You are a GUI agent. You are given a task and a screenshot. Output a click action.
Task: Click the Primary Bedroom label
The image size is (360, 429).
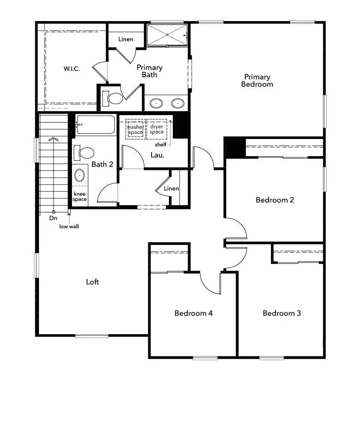257,81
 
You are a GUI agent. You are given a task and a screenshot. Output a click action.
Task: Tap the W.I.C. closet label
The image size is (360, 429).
72,69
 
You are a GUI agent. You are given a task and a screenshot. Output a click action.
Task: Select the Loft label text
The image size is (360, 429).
93,282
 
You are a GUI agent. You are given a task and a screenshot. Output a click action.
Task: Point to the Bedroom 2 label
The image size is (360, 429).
275,200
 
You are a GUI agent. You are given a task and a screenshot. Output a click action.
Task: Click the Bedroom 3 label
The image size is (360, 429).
282,313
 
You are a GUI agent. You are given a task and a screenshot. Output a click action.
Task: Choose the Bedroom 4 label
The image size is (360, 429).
193,313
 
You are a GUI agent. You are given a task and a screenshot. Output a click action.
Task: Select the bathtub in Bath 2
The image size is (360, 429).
96,124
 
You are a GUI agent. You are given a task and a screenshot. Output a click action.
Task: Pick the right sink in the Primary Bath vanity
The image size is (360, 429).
177,103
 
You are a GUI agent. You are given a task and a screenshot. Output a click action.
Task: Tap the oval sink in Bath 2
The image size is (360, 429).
80,175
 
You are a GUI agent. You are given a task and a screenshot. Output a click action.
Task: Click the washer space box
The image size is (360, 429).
135,129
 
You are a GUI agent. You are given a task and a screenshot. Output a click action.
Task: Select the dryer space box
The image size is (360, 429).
157,129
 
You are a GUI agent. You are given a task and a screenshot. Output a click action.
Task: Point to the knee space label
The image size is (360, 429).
80,196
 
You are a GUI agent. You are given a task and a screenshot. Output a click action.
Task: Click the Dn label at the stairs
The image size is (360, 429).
53,218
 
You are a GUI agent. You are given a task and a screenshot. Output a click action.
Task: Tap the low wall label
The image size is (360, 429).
69,226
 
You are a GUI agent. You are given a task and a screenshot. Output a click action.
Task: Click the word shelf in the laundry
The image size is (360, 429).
161,145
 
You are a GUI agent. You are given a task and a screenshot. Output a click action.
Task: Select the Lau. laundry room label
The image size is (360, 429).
158,155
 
